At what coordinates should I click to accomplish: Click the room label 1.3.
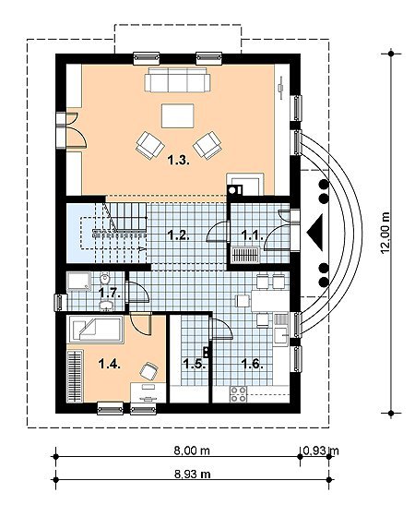(x=179, y=160)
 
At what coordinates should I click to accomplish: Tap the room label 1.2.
(x=179, y=235)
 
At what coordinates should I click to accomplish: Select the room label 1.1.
(x=253, y=235)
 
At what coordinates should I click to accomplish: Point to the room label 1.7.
(x=110, y=293)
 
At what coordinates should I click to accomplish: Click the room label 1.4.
(x=110, y=364)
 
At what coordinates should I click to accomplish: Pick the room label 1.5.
(x=195, y=364)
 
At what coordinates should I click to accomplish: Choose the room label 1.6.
(x=253, y=364)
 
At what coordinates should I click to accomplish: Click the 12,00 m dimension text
(x=385, y=233)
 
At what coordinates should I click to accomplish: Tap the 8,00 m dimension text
(x=192, y=451)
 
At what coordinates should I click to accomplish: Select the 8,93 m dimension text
(x=193, y=475)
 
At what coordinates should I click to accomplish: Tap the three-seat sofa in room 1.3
(x=177, y=80)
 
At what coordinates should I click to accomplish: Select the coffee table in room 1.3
(x=178, y=115)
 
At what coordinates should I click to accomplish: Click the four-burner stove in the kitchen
(x=238, y=394)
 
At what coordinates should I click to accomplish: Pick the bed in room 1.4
(x=95, y=330)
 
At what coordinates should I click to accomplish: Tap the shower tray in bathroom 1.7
(x=78, y=282)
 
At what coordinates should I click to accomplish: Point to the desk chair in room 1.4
(x=149, y=370)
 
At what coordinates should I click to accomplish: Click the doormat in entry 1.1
(x=245, y=255)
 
